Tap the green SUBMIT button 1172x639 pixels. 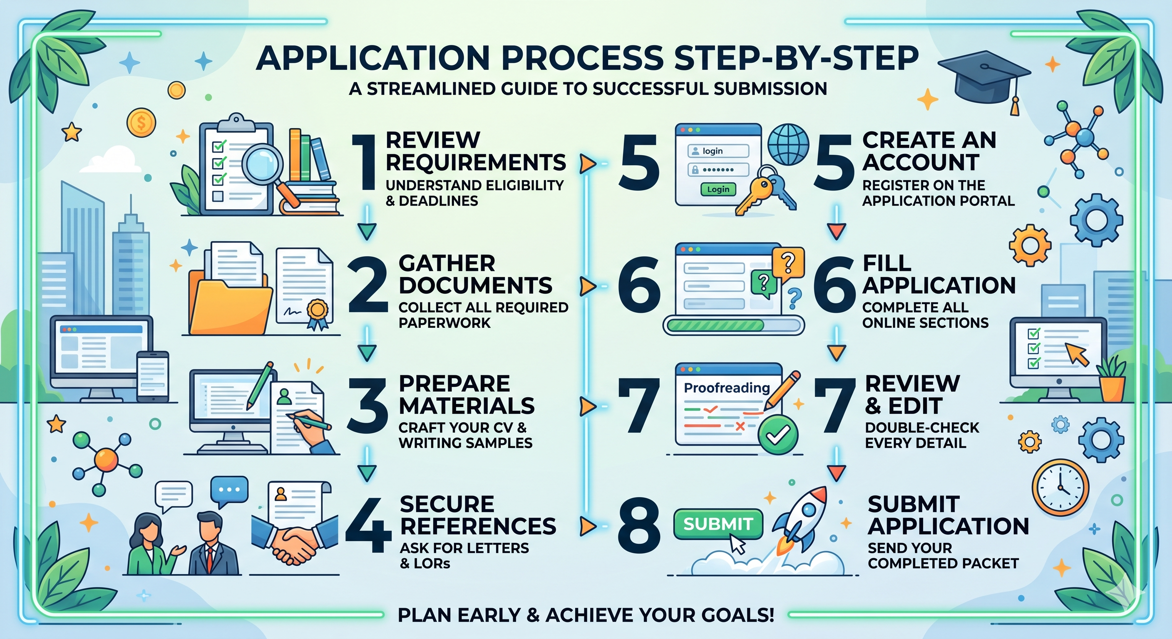(718, 524)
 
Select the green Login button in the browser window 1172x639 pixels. (718, 189)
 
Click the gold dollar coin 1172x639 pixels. (142, 122)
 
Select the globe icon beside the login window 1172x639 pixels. (788, 145)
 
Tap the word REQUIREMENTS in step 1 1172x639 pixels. (476, 162)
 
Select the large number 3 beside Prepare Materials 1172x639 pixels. (367, 406)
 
